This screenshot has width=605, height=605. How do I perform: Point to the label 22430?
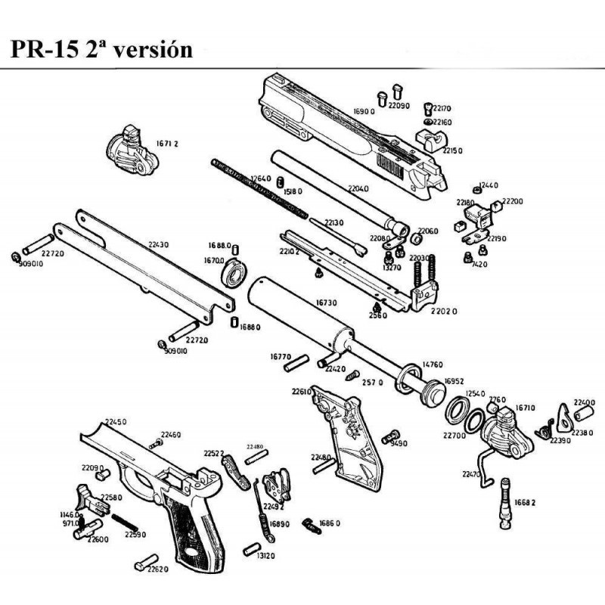158,244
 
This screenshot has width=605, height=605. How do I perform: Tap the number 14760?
432,365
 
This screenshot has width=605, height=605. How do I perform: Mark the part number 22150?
451,151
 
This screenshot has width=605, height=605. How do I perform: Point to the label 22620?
157,569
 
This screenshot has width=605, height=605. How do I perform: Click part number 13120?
265,556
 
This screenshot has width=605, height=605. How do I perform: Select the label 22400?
584,402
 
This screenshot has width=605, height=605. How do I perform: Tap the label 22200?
512,202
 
